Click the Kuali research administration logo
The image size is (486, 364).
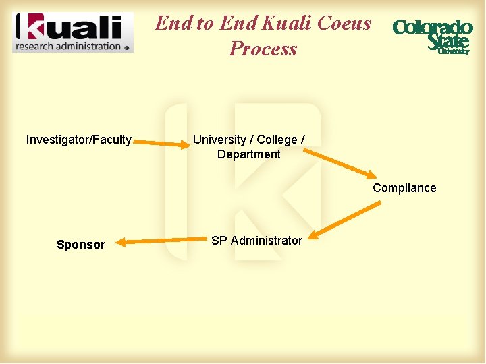[73, 32]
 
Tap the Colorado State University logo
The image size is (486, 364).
[432, 36]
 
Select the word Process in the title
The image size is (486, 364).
[263, 49]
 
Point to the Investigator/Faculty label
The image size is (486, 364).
[79, 140]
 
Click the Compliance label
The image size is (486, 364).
[404, 188]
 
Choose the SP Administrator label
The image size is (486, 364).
[256, 241]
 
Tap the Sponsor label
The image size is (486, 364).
[81, 245]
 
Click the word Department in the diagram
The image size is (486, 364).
[248, 154]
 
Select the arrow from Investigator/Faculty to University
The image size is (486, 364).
[159, 143]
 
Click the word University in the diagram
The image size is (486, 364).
[219, 140]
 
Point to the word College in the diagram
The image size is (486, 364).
[277, 140]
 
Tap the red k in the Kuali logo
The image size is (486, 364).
[29, 27]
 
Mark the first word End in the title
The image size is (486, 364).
[174, 23]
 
